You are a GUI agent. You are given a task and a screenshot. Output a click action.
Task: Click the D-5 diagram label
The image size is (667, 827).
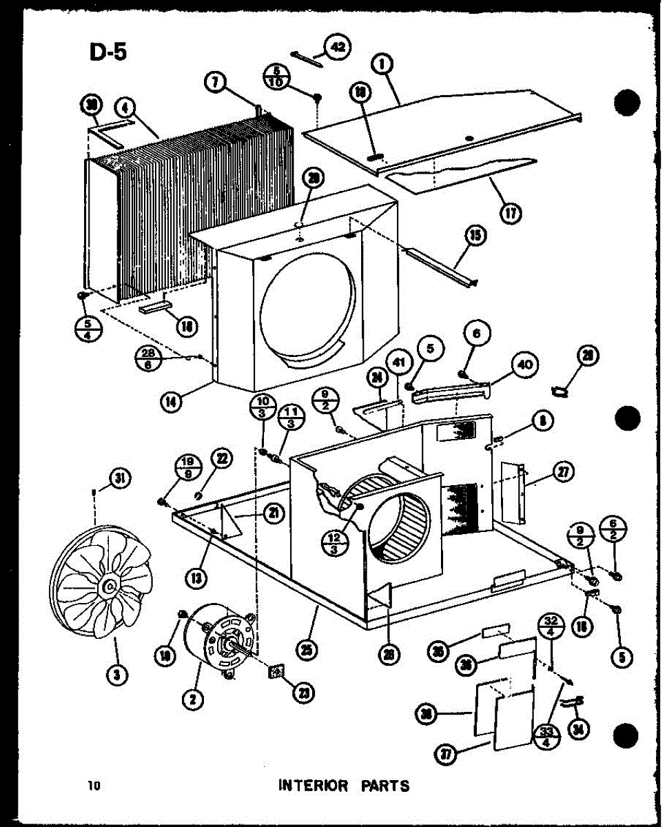click(107, 52)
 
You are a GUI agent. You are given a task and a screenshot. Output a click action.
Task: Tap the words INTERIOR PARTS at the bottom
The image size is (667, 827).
click(343, 785)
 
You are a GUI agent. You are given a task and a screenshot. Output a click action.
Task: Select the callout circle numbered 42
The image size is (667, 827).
click(337, 48)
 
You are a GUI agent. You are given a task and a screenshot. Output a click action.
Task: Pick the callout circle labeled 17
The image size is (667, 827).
click(511, 213)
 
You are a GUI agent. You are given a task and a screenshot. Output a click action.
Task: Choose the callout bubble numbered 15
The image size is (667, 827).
click(475, 236)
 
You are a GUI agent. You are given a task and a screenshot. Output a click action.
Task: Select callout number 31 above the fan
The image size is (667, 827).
click(120, 477)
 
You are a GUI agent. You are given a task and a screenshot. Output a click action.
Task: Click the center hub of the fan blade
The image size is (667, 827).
click(108, 586)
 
